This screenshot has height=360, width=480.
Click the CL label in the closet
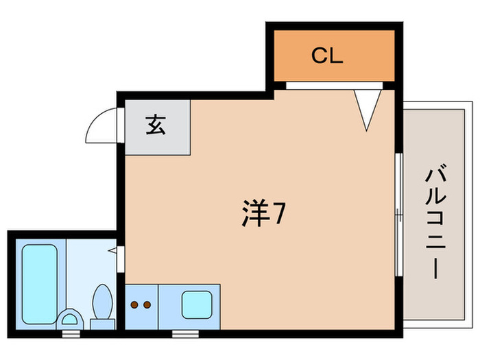coord(326,56)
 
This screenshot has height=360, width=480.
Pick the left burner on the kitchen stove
coord(135,304)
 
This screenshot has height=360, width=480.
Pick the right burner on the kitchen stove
coord(147,304)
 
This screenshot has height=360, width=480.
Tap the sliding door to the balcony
coord(398,213)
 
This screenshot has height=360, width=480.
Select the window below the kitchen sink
coord(183,334)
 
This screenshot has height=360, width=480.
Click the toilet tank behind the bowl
coord(103,323)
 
